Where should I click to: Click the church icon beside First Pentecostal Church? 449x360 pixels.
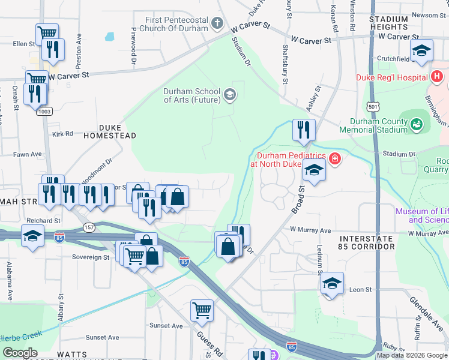pos(217,25)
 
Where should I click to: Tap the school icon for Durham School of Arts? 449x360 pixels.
pos(229,95)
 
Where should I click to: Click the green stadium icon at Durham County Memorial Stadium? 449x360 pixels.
pos(417,125)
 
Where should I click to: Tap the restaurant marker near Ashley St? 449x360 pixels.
pos(304,130)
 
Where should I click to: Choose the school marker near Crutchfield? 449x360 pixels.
pos(421,51)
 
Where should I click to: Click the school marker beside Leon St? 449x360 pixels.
pos(332,283)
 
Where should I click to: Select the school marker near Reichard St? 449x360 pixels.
pos(32,236)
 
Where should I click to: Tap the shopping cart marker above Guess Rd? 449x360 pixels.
pos(202,311)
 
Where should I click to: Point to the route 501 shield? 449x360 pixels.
pos(374,106)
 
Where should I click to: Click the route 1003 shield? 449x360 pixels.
pos(44,111)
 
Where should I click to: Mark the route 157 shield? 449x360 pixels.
pos(89,227)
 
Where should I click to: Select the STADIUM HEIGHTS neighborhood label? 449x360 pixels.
pos(389,23)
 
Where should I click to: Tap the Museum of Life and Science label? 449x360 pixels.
pos(421,215)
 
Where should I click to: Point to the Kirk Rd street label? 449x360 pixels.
pos(62,134)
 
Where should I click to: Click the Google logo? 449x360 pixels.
pos(20,353)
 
